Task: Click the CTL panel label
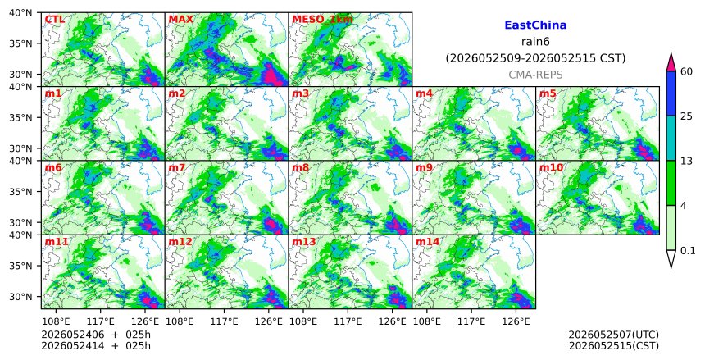(x=54, y=20)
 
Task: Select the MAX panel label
(x=180, y=20)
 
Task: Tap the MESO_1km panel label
(x=322, y=20)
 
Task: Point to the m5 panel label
(x=548, y=93)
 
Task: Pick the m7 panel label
(x=177, y=168)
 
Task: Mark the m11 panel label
(x=57, y=242)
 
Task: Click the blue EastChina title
(x=535, y=25)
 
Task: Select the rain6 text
(x=535, y=42)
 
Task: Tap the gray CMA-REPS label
(x=535, y=75)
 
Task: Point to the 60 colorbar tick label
(x=686, y=71)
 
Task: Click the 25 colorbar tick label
(x=686, y=116)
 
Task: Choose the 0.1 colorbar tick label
(x=688, y=251)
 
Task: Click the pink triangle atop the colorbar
(x=671, y=63)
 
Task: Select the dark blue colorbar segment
(x=671, y=93)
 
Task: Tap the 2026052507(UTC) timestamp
(x=614, y=335)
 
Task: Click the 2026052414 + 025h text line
(x=96, y=346)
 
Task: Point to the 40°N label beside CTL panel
(x=20, y=12)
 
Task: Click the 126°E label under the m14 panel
(x=516, y=321)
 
